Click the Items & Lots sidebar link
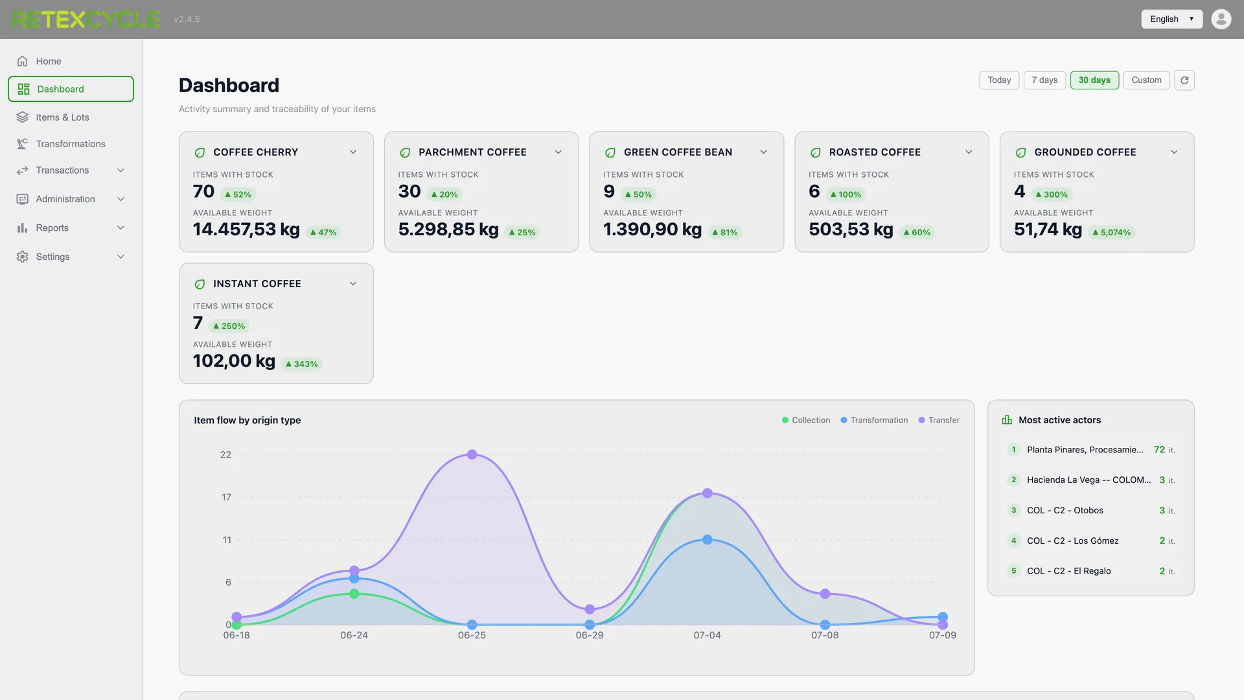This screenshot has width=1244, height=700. click(62, 117)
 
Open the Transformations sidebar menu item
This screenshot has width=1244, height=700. click(70, 144)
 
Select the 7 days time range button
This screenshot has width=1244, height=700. click(1044, 80)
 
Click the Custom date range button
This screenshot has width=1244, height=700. click(1146, 80)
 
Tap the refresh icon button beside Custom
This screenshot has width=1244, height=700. click(1184, 80)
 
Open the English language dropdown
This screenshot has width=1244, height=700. click(1171, 19)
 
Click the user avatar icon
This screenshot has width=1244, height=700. click(1221, 19)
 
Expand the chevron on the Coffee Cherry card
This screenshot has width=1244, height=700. click(353, 152)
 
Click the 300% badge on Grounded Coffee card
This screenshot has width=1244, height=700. click(1052, 194)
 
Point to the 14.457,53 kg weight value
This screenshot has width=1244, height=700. click(246, 229)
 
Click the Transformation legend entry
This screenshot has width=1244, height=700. click(874, 420)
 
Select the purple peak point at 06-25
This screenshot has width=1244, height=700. click(472, 454)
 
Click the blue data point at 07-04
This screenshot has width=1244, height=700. click(708, 540)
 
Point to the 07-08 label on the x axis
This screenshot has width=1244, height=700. click(825, 635)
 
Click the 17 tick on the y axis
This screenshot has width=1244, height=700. click(226, 497)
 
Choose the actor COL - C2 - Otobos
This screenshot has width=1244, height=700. click(1065, 511)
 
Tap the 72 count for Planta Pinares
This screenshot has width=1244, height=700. click(1159, 450)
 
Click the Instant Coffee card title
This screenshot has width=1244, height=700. click(257, 284)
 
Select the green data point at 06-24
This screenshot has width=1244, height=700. click(354, 594)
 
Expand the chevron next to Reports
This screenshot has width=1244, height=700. click(121, 228)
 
